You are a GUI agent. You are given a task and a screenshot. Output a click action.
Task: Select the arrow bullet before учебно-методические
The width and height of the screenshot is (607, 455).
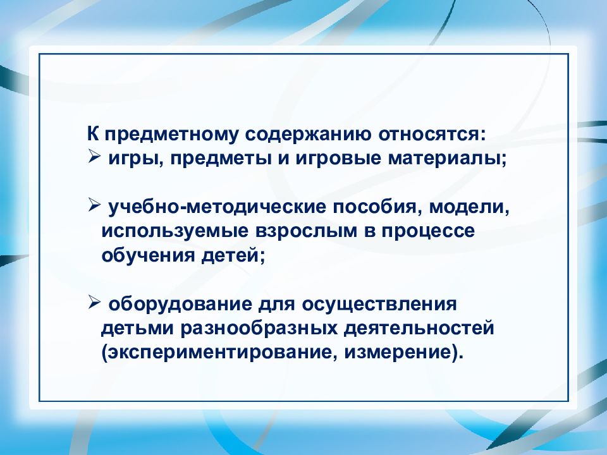[x=94, y=206]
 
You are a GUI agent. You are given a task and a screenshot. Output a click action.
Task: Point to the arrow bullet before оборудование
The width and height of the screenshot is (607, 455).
[x=94, y=304]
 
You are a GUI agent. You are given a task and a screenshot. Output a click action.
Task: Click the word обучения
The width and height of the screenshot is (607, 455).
[x=142, y=255]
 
